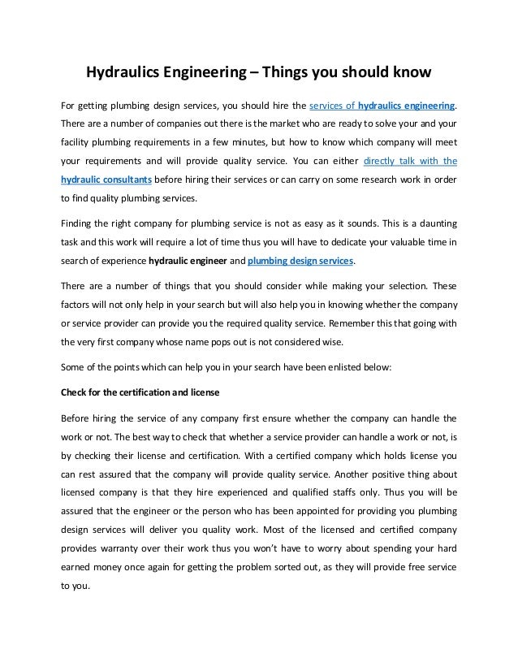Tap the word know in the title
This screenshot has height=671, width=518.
[408, 75]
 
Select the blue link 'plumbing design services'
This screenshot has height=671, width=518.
[300, 262]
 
